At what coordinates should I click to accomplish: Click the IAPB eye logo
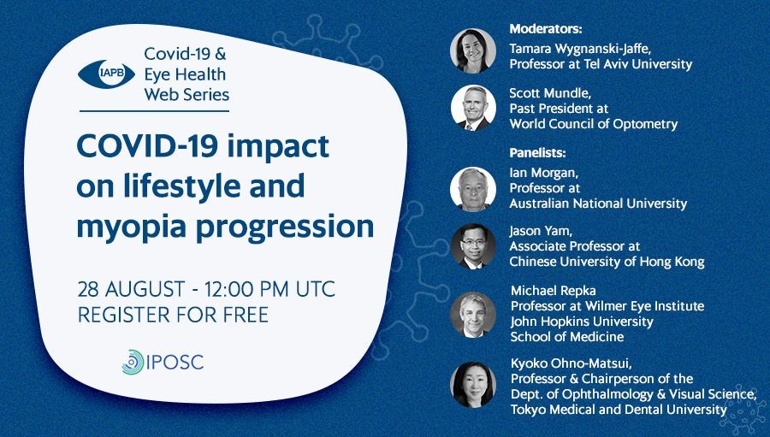click(107, 74)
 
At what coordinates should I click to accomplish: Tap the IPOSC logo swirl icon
click(133, 363)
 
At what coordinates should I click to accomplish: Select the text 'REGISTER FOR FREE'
click(173, 315)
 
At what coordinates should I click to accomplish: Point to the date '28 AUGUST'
click(131, 289)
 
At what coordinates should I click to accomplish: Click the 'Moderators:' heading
click(546, 29)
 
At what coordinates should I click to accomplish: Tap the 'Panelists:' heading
click(538, 153)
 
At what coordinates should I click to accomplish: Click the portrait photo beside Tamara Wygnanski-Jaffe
click(473, 51)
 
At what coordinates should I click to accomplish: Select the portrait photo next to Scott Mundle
click(473, 108)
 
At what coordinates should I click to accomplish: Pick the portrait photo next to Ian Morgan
click(473, 189)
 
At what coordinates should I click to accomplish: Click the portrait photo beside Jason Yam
click(473, 246)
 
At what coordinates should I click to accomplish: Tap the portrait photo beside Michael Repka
click(473, 316)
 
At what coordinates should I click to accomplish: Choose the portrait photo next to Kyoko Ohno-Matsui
click(473, 385)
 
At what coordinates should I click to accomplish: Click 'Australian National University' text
click(598, 204)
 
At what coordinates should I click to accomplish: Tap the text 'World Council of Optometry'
click(594, 124)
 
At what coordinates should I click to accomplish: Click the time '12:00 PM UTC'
click(270, 289)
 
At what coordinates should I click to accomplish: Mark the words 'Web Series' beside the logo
click(187, 94)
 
